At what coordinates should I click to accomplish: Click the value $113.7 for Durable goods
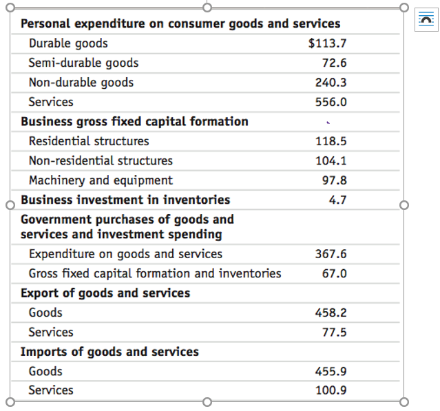tap(327, 43)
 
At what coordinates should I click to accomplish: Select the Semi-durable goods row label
tap(83, 63)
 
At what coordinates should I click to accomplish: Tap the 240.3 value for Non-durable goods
tap(331, 83)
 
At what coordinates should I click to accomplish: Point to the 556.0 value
tap(331, 102)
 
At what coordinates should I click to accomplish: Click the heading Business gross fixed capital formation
tap(134, 122)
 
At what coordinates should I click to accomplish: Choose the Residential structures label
tap(89, 141)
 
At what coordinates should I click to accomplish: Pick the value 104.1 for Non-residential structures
tap(331, 161)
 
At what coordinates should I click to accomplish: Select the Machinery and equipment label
tap(101, 180)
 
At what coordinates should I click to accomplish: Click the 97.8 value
tap(333, 180)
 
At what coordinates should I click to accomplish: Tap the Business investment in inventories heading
tap(125, 200)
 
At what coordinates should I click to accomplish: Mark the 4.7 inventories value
tap(337, 200)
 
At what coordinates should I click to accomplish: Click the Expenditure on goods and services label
tap(125, 254)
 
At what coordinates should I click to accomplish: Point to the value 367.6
tap(331, 254)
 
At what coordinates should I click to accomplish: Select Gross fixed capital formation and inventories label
tap(155, 273)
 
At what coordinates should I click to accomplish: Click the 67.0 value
tap(333, 273)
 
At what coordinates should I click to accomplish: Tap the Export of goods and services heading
tap(105, 293)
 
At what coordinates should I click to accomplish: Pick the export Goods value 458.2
tap(331, 313)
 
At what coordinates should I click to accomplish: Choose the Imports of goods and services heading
tap(109, 352)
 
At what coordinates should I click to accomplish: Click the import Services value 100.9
tap(331, 390)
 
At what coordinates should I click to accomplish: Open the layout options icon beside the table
tap(426, 20)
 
